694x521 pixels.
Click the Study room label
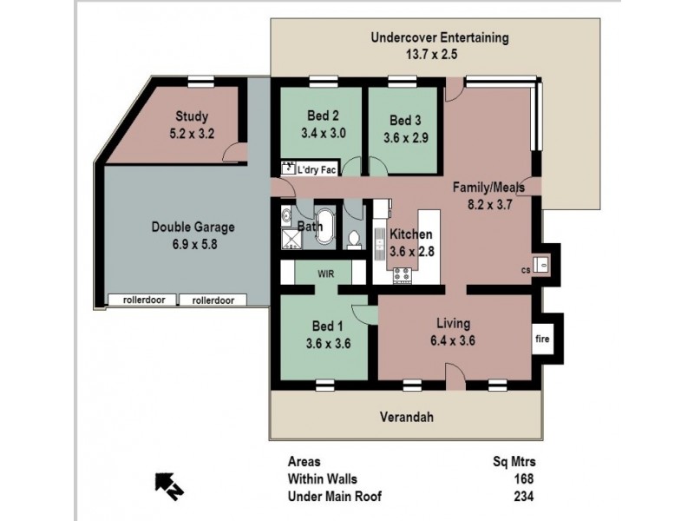192,116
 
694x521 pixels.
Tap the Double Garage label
193,228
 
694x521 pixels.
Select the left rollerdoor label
141,300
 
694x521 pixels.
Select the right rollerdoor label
213,300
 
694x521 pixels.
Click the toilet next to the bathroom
354,237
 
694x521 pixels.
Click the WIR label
325,272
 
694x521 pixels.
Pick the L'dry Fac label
317,170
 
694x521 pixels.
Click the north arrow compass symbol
167,483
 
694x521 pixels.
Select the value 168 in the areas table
522,478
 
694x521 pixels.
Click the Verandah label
406,417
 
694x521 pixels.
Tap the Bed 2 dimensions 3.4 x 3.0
323,134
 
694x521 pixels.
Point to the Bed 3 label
404,121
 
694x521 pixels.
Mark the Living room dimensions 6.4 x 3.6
452,340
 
